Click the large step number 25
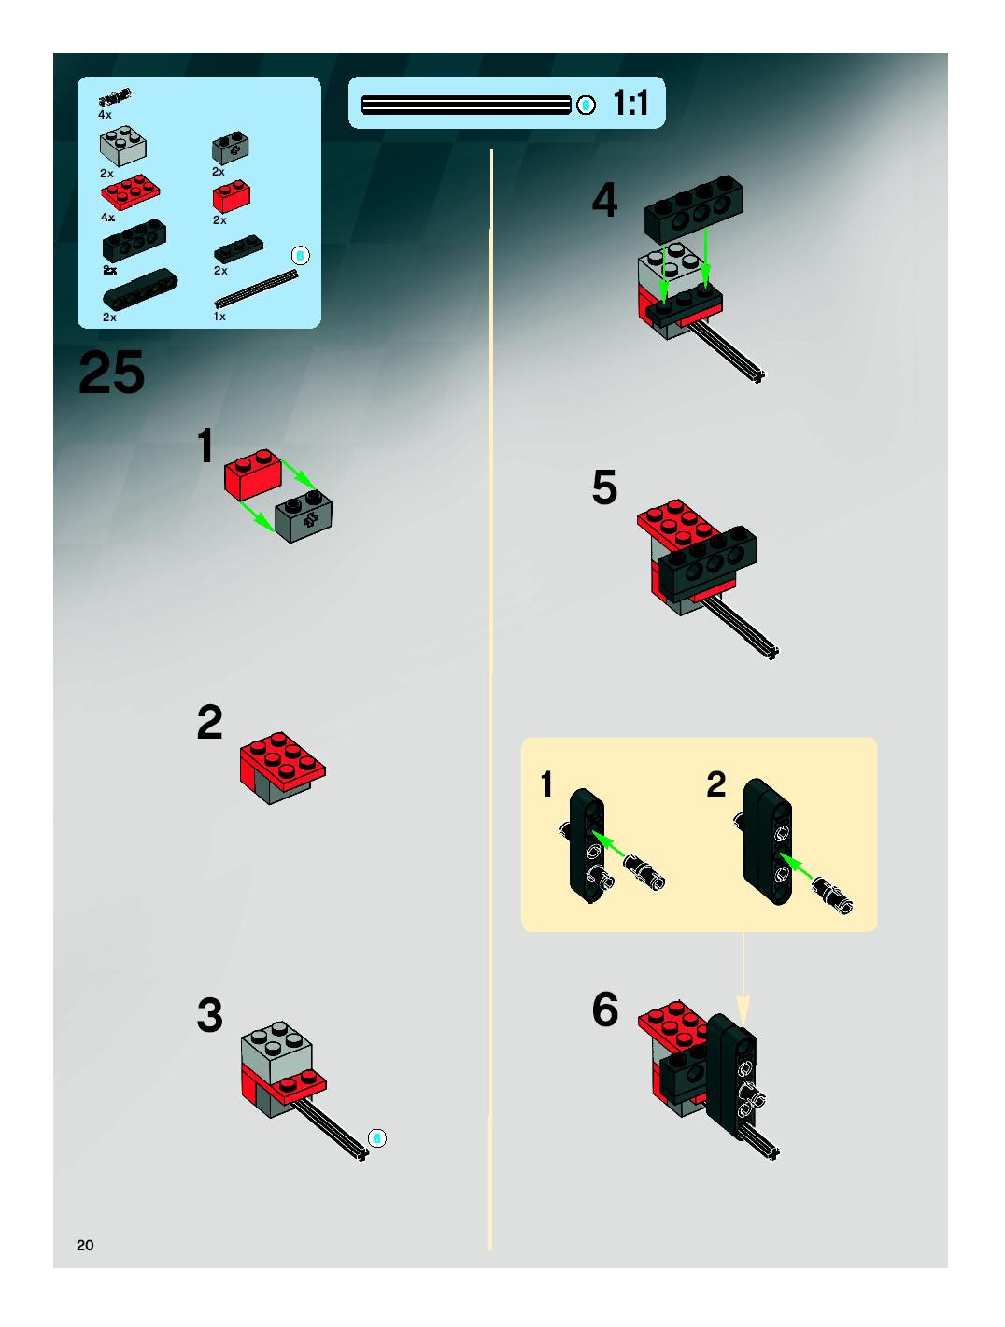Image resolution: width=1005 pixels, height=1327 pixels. [x=112, y=373]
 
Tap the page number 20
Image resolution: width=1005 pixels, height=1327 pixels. [x=85, y=1245]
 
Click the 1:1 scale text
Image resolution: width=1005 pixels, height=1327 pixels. [x=630, y=103]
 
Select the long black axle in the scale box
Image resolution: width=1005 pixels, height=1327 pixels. [x=466, y=105]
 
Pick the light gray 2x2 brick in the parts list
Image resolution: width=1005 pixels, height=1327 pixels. [x=123, y=146]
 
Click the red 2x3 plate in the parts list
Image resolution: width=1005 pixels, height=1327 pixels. [x=130, y=191]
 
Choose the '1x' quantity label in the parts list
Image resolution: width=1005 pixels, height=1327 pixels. [x=219, y=316]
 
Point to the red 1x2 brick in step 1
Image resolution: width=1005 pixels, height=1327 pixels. [x=253, y=474]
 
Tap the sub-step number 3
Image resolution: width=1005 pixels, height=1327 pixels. [x=209, y=1016]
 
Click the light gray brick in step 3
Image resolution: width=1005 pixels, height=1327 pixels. [x=276, y=1049]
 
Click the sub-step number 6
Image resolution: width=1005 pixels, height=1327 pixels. [x=605, y=1009]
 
